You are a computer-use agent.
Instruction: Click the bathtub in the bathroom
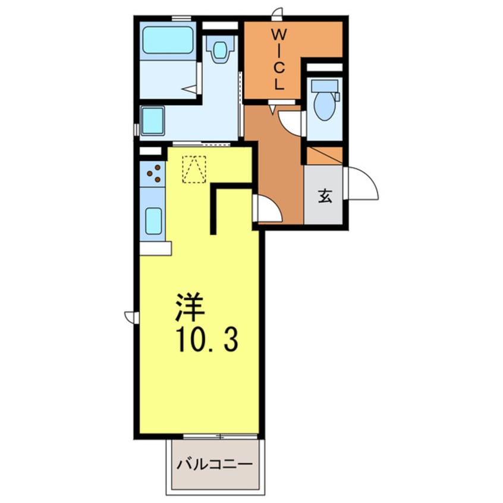coord(168,40)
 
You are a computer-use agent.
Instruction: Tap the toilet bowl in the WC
coord(325,106)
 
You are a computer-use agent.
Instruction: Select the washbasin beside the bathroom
coord(220,49)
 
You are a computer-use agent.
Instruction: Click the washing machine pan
coord(153,121)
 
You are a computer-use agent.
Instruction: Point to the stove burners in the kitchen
coord(153,174)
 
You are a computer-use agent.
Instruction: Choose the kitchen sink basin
coord(153,221)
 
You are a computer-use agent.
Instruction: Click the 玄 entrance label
coord(325,196)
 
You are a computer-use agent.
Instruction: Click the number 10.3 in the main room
coord(208,340)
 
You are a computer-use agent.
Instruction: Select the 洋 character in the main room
coord(190,307)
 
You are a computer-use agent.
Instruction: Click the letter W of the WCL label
coord(279,34)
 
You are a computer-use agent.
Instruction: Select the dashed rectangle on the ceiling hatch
coord(194,169)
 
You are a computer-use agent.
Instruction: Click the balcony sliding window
coord(220,436)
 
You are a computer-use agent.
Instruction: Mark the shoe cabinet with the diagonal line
coord(325,156)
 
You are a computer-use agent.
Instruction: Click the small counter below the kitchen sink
coord(156,249)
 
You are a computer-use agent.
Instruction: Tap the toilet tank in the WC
coord(325,86)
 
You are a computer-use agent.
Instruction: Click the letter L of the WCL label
coord(279,84)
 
